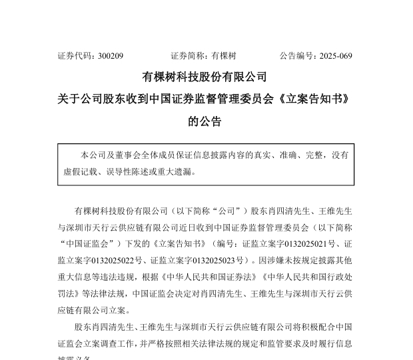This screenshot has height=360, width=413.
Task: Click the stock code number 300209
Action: (x=110, y=56)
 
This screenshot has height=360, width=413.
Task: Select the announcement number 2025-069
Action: (x=335, y=56)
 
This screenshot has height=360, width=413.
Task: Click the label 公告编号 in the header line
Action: (x=297, y=56)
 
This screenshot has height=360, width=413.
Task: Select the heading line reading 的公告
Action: (x=205, y=121)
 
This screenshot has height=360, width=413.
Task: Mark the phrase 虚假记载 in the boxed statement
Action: (x=80, y=171)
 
